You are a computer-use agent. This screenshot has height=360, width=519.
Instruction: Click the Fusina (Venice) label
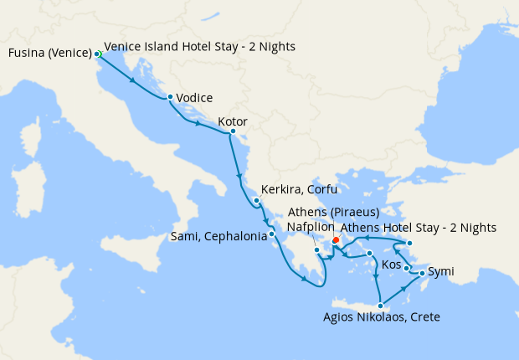[49, 54]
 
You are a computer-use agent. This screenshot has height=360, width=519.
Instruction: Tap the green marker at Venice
[98, 54]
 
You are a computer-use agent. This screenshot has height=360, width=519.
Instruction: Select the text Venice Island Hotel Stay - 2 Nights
[199, 46]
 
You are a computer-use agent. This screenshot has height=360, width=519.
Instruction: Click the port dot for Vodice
[171, 97]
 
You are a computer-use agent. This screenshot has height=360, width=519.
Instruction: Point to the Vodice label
[194, 98]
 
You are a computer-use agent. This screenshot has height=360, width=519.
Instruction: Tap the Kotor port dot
[232, 131]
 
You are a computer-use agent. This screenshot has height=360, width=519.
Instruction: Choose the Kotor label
[232, 121]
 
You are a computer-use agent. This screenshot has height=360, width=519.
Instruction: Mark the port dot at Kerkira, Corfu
[256, 200]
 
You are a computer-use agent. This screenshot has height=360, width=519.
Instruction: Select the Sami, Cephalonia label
[218, 235]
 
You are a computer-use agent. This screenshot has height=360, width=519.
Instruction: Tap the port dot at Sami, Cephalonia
[272, 234]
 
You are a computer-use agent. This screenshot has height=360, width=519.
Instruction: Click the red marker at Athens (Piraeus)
[336, 239]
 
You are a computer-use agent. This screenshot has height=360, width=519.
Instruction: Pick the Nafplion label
[311, 227]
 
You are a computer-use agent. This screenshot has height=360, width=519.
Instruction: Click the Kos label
[391, 265]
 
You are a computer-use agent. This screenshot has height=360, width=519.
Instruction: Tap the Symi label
[441, 272]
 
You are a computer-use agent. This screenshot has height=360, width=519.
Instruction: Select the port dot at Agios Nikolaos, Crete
[381, 305]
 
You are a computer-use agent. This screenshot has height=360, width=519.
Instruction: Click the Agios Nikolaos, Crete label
[381, 317]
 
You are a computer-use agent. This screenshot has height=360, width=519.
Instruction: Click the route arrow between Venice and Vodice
[134, 80]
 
